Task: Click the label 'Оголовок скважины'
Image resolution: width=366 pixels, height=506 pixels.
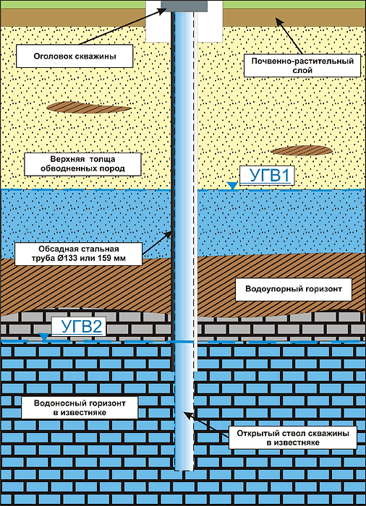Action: click(75, 56)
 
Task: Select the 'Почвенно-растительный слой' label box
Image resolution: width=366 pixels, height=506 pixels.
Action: click(302, 66)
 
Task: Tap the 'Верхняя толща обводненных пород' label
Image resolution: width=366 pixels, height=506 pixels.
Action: click(82, 164)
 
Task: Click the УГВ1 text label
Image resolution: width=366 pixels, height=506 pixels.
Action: click(267, 176)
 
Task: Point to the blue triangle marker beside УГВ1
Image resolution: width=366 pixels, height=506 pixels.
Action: click(232, 186)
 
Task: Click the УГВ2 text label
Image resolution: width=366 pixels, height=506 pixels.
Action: click(79, 327)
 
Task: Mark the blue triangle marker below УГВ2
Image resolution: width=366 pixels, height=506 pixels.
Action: click(44, 337)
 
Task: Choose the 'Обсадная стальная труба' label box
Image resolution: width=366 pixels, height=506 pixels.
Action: click(79, 254)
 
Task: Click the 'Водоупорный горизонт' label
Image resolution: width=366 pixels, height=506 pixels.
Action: click(294, 289)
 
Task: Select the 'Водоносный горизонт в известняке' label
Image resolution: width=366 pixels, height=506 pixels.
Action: click(80, 408)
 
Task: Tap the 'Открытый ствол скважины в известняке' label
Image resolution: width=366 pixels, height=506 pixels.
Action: click(293, 437)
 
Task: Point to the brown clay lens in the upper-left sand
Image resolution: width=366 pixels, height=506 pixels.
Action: click(89, 107)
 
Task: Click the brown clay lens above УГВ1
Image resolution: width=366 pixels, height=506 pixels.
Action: click(301, 150)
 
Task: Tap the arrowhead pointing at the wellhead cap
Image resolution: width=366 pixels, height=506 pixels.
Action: click(163, 10)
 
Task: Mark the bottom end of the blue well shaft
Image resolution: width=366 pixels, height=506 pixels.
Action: click(184, 470)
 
